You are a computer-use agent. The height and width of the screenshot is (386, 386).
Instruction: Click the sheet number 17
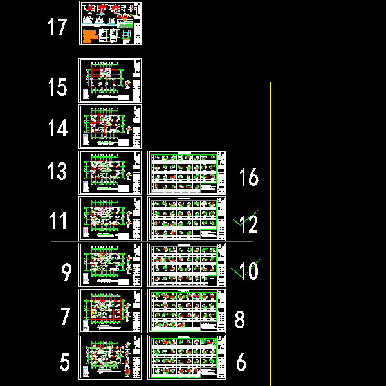(x=57, y=28)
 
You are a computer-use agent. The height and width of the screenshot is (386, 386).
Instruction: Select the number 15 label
(x=58, y=87)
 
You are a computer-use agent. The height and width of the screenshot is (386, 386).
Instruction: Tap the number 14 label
(x=58, y=129)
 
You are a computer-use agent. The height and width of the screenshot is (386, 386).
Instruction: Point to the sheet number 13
(x=57, y=171)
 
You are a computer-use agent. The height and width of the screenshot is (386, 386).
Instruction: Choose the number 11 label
(x=59, y=221)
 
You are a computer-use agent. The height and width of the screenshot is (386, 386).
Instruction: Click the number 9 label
(x=66, y=273)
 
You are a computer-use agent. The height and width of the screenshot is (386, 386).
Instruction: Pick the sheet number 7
(x=65, y=317)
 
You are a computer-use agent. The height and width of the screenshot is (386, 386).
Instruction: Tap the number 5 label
(x=65, y=362)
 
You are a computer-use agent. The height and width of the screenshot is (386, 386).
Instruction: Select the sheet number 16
(x=248, y=178)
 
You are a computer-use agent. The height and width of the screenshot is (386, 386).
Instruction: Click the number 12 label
(x=248, y=225)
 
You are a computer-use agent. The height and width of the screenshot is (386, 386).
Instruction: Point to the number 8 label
(x=240, y=320)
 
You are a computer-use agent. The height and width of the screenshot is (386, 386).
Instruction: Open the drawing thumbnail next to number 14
(x=109, y=127)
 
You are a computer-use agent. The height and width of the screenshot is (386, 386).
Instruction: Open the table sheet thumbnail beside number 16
(x=187, y=172)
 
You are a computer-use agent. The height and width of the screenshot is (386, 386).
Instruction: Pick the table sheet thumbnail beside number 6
(x=187, y=356)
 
